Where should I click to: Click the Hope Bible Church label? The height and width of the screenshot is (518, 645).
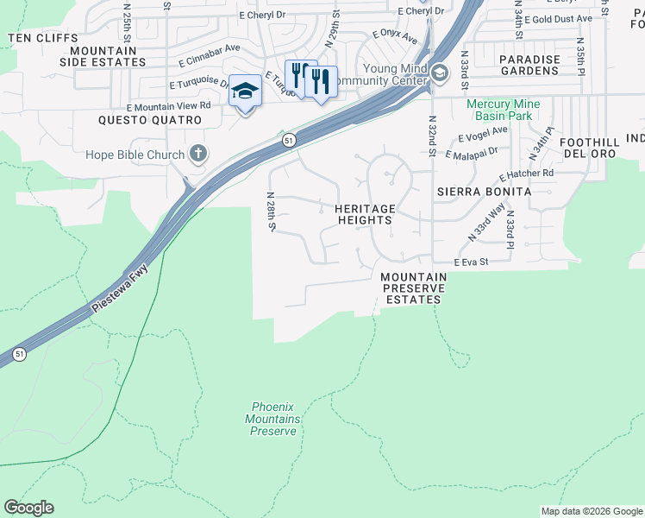point(135,155)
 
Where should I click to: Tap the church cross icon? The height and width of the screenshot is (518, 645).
point(198,155)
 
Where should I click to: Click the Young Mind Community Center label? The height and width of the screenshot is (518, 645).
point(383,75)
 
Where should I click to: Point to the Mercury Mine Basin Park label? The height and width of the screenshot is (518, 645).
point(504,110)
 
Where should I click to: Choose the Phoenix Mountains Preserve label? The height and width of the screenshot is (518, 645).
point(274,419)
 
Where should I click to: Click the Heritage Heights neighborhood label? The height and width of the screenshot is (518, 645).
point(365,214)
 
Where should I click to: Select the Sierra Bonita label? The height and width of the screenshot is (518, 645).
point(477,190)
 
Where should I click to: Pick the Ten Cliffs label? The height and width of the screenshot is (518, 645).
point(42,39)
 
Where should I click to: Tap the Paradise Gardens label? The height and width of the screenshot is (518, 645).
point(529,65)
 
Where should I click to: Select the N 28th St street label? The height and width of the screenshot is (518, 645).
point(271,212)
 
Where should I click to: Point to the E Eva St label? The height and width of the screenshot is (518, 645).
point(472,262)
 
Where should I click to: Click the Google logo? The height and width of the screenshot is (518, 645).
point(28,508)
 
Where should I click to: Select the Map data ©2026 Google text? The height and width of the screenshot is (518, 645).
point(591,511)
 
